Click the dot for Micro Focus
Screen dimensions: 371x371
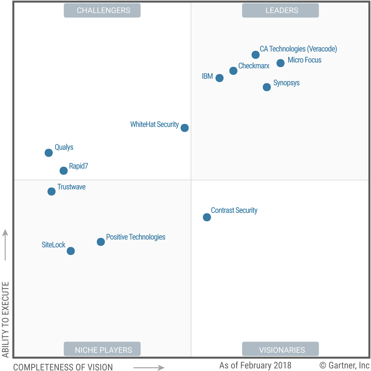pos(280,63)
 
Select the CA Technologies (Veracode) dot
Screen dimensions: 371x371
pos(256,55)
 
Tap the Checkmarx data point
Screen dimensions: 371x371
pos(233,71)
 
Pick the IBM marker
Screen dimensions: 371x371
pos(219,78)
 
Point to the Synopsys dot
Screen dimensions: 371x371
pos(267,87)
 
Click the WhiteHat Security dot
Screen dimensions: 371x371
pos(185,128)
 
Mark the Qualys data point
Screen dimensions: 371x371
pos(49,153)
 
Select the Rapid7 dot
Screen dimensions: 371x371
pos(64,171)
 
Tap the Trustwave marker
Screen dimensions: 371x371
pos(51,191)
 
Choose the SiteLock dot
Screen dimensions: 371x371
pos(71,251)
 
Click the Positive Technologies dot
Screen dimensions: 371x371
pos(101,242)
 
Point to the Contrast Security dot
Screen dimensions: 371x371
pos(207,217)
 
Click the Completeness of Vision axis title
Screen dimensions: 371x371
pos(63,367)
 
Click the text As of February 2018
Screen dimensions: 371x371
pos(255,365)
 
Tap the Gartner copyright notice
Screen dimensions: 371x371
pos(344,365)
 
